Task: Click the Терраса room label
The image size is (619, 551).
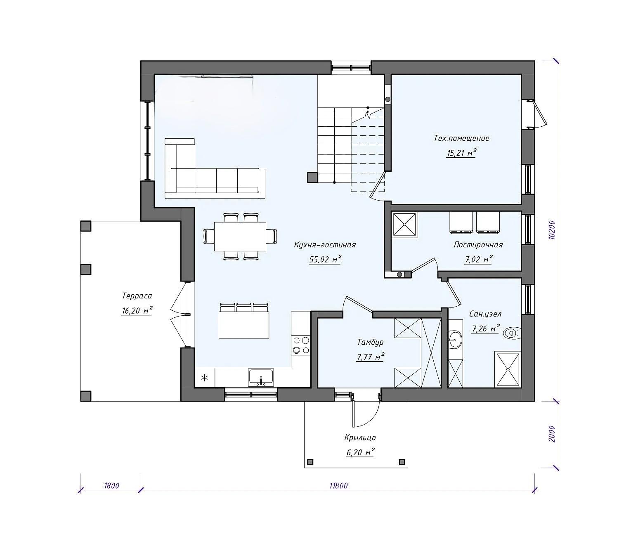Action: point(137,296)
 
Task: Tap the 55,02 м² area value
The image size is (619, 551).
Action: point(325,260)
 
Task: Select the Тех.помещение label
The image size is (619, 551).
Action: point(461,138)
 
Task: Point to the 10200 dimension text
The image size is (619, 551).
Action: point(551,230)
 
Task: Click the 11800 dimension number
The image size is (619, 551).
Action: point(338,486)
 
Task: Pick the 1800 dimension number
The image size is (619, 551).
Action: point(111,486)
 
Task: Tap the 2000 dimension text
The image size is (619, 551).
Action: point(551,434)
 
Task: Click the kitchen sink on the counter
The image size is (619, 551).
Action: point(261,377)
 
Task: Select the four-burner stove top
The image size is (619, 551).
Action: point(301,345)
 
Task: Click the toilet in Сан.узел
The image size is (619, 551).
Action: point(512,333)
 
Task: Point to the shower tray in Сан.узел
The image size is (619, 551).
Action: point(508,369)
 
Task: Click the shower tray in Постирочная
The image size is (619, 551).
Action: point(404,225)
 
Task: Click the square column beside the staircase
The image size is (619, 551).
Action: point(312,177)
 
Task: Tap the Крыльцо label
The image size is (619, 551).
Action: point(360,437)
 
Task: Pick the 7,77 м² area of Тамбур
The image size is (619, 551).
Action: point(370,357)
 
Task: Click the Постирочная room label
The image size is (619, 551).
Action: point(478,244)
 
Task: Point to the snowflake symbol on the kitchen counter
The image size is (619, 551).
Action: point(204,378)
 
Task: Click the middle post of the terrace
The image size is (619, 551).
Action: point(86,269)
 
